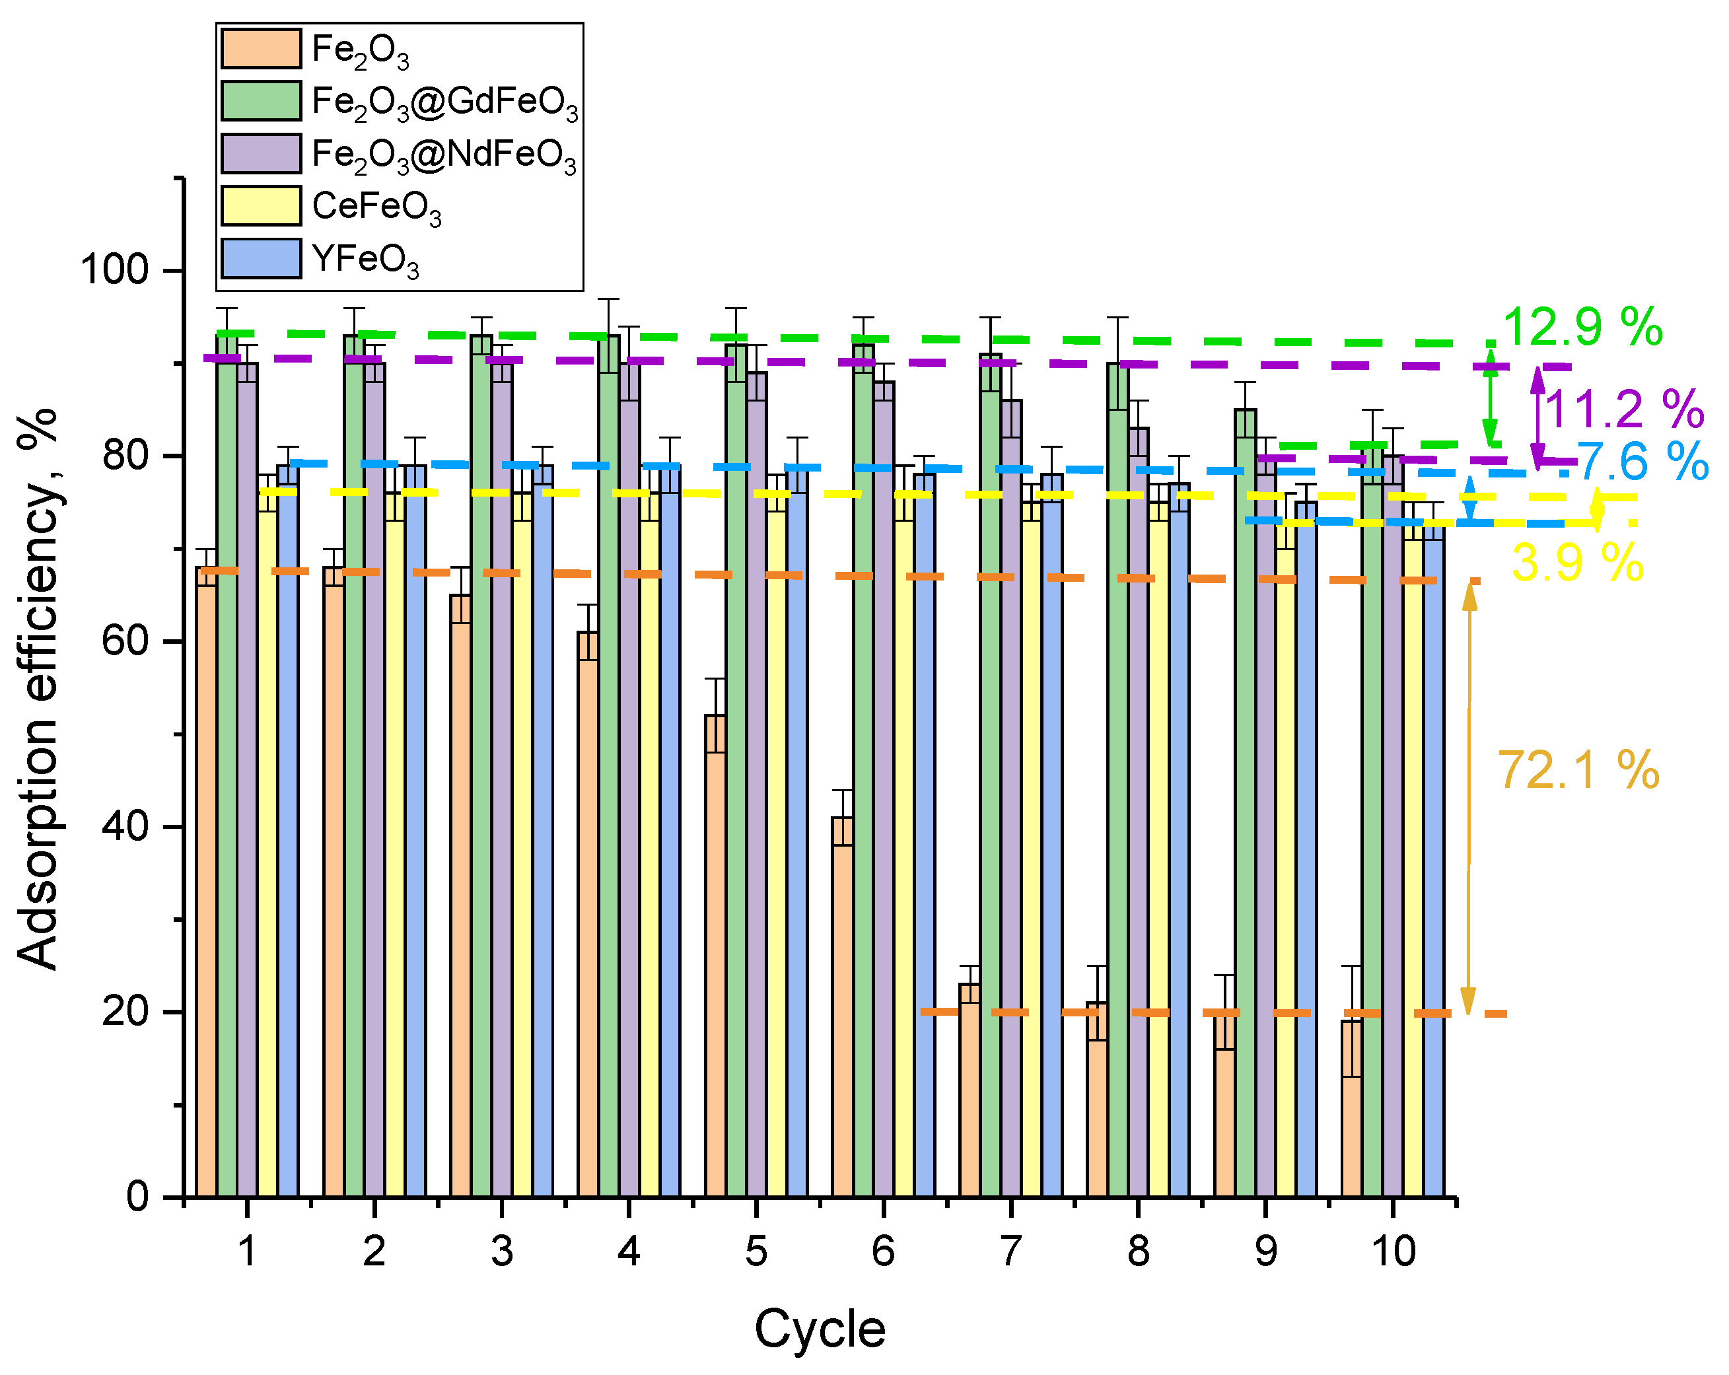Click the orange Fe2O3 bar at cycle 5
(x=715, y=954)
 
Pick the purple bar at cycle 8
(x=1138, y=810)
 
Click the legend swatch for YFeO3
(x=261, y=259)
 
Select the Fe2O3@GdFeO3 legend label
(x=444, y=102)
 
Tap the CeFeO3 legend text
(x=376, y=207)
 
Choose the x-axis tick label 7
(x=1010, y=1252)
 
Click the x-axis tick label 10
(x=1393, y=1252)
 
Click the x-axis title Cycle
(x=820, y=1329)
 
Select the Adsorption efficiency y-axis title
(x=38, y=689)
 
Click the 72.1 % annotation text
(x=1577, y=771)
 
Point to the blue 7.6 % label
(x=1642, y=462)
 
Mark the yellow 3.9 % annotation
(x=1577, y=563)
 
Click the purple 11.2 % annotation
(x=1624, y=409)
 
